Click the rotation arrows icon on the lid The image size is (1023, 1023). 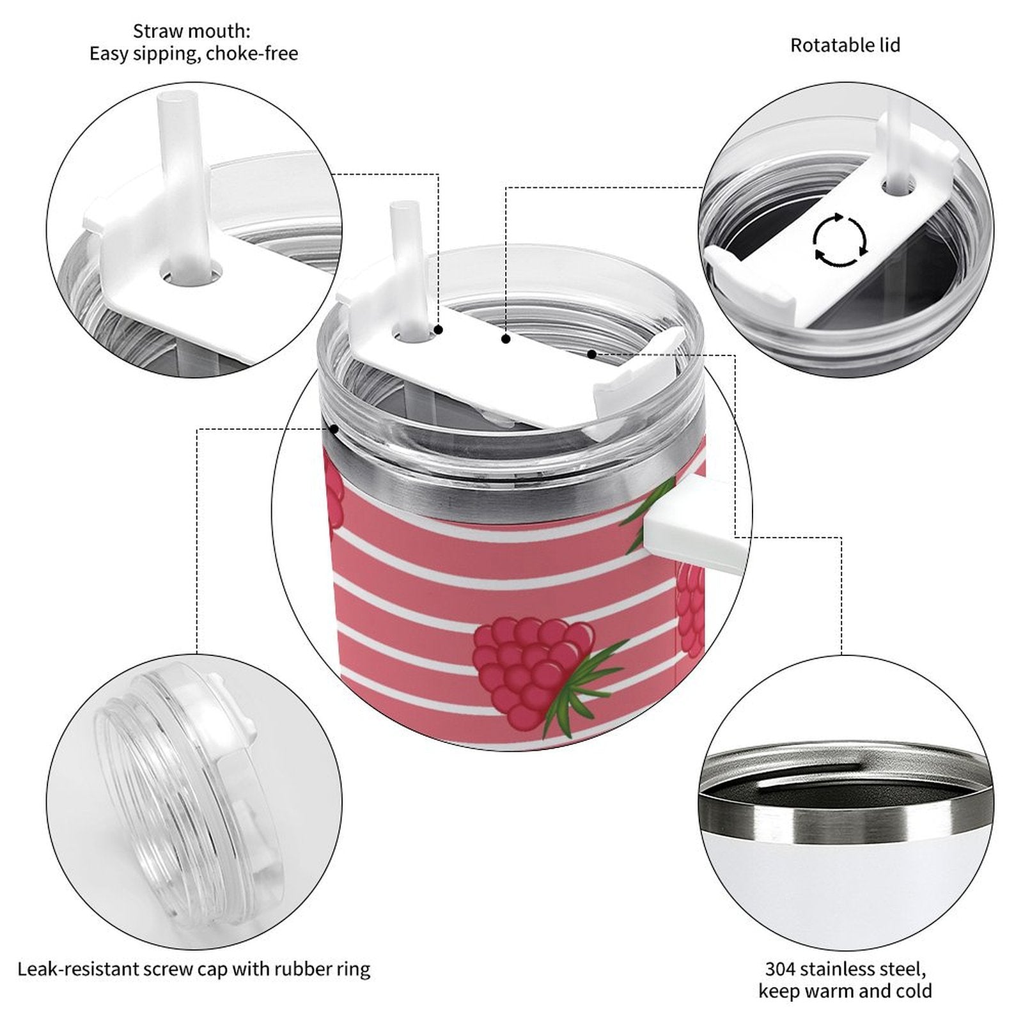[839, 240]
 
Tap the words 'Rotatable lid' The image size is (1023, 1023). [845, 45]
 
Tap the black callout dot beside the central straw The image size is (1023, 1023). [439, 330]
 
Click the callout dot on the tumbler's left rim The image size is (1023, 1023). [334, 429]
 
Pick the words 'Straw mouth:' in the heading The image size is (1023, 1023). [191, 31]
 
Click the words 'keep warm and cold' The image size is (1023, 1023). [845, 992]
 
